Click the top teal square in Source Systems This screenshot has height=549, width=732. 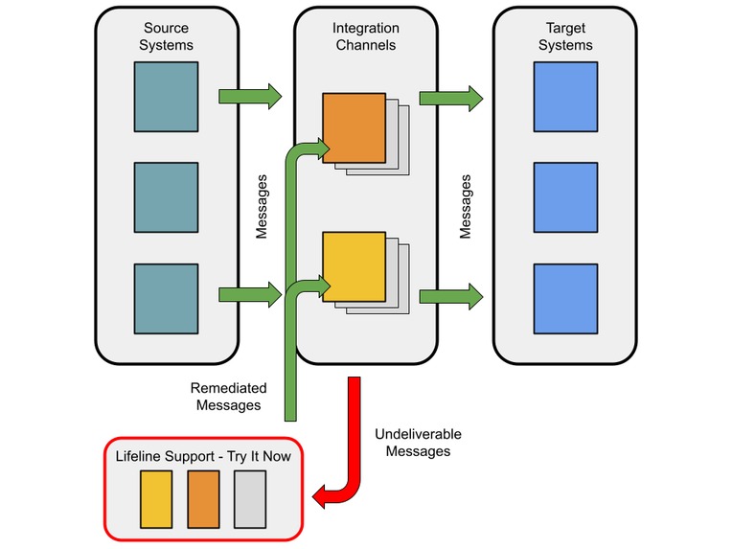(166, 96)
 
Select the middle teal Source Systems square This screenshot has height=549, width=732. (166, 195)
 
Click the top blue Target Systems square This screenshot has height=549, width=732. (564, 96)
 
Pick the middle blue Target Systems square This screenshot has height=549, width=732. (564, 195)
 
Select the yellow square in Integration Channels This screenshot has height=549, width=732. (354, 266)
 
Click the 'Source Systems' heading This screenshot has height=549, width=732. (168, 36)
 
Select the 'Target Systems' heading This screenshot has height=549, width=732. (565, 36)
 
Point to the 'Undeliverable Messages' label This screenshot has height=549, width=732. (411, 442)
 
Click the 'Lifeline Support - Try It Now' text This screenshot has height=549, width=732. (203, 456)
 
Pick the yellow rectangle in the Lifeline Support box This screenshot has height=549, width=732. (156, 499)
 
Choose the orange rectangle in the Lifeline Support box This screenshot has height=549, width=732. (203, 499)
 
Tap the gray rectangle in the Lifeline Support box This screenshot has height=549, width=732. (249, 499)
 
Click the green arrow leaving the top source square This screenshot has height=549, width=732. (250, 96)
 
